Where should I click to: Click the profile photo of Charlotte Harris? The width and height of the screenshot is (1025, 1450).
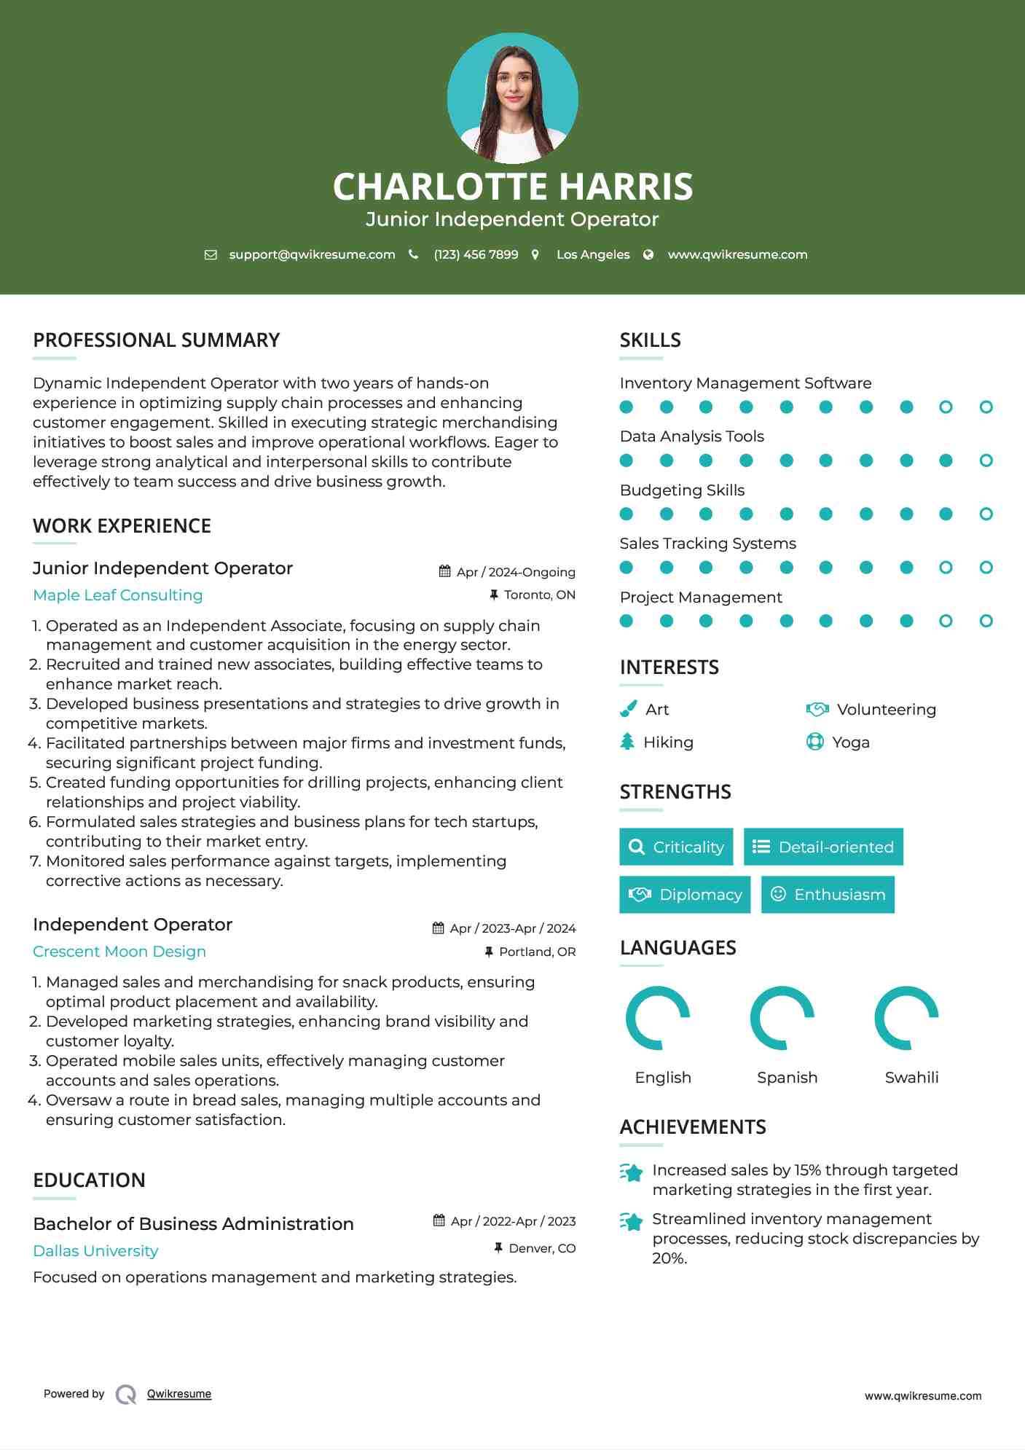pyautogui.click(x=512, y=98)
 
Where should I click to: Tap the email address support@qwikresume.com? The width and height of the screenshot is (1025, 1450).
pyautogui.click(x=312, y=254)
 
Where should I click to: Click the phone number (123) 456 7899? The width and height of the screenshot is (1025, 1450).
pyautogui.click(x=476, y=254)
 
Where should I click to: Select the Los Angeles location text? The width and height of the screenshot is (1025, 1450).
pyautogui.click(x=593, y=254)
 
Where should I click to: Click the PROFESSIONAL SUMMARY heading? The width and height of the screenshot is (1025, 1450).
pyautogui.click(x=157, y=340)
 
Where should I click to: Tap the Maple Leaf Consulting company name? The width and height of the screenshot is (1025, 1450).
pyautogui.click(x=118, y=595)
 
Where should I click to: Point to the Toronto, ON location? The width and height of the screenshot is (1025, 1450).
pyautogui.click(x=539, y=595)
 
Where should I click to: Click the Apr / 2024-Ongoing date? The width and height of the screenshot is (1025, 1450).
pyautogui.click(x=515, y=572)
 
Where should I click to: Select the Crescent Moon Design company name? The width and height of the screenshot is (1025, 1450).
pyautogui.click(x=119, y=952)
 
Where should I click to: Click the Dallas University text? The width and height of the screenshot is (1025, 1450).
pyautogui.click(x=95, y=1251)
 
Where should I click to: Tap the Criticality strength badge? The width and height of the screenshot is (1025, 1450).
pyautogui.click(x=676, y=847)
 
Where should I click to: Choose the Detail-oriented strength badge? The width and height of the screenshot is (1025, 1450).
pyautogui.click(x=823, y=847)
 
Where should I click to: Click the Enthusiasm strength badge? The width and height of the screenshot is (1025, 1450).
pyautogui.click(x=828, y=895)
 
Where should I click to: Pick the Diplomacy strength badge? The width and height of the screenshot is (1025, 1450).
pyautogui.click(x=685, y=895)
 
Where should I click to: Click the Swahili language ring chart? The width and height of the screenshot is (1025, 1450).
pyautogui.click(x=906, y=1017)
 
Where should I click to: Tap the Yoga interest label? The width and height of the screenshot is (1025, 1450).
pyautogui.click(x=850, y=742)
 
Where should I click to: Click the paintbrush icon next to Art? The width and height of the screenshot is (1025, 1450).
pyautogui.click(x=628, y=709)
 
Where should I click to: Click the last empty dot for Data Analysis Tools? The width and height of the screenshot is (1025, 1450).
pyautogui.click(x=986, y=461)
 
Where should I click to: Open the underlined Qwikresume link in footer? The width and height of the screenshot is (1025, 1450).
pyautogui.click(x=179, y=1394)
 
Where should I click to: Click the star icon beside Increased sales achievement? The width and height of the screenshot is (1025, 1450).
pyautogui.click(x=631, y=1172)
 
